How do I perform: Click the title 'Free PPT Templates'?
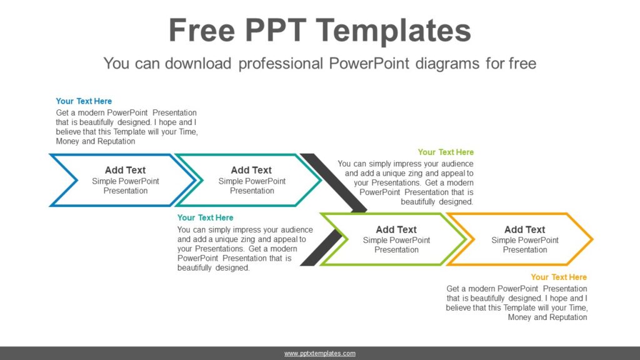(x=319, y=30)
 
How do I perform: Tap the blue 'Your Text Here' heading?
(x=84, y=101)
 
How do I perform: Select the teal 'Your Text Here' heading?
(x=205, y=217)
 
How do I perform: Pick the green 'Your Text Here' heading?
(x=446, y=152)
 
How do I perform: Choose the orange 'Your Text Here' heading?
(x=559, y=277)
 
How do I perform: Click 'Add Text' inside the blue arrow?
(x=125, y=170)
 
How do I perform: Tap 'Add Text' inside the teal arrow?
(x=251, y=170)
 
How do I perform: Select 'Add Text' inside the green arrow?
(x=396, y=229)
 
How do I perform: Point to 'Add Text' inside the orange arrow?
(x=524, y=229)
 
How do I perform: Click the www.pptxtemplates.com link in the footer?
(x=320, y=354)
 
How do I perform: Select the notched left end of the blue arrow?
(x=62, y=180)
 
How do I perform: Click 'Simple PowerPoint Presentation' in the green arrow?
(x=396, y=245)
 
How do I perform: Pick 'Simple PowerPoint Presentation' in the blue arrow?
(x=125, y=186)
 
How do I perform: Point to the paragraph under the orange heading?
(x=517, y=303)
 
